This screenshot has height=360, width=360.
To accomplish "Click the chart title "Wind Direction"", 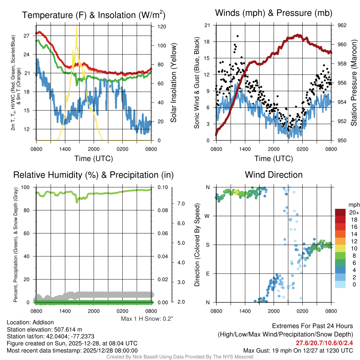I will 274,175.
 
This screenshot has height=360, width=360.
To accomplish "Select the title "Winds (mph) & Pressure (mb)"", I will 274,13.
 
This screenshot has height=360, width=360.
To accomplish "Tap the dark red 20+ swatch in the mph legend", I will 341,212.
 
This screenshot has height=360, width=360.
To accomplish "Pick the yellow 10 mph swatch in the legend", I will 341,248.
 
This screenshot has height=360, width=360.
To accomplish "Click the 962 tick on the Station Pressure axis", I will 342,25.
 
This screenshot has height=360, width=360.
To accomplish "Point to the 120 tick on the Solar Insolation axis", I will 162,27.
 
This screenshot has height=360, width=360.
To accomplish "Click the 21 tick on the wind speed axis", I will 207,25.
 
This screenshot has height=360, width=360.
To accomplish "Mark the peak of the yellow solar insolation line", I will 77,27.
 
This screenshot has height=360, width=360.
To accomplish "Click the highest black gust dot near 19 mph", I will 238,36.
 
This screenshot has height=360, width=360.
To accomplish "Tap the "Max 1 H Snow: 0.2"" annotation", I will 147,319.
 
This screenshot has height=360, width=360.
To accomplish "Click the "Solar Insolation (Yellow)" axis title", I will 173,83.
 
